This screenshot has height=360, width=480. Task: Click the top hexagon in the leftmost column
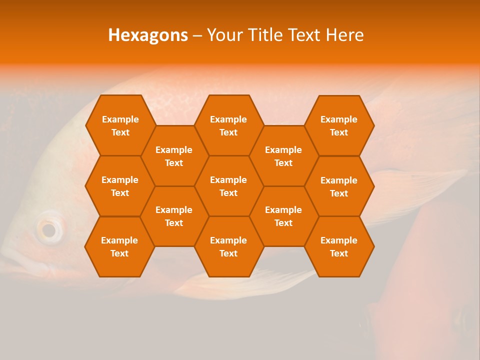coord(120,125)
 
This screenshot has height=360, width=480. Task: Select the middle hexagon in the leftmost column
coord(120,186)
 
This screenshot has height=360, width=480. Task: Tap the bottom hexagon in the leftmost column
coord(119,246)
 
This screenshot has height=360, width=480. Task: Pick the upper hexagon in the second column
coord(174,156)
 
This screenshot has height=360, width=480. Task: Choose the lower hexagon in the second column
coord(174,216)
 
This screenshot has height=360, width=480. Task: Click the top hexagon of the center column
coord(228,125)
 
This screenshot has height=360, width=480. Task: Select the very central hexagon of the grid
coord(228,186)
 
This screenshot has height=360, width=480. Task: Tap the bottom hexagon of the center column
coord(228,246)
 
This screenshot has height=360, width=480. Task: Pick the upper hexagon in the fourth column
coord(283,156)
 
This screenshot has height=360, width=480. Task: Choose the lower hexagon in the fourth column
coord(283,216)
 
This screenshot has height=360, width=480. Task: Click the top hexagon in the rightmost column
coord(339,125)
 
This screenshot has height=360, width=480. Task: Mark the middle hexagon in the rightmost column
coord(339,186)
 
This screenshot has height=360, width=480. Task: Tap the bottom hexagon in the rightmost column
coord(339,246)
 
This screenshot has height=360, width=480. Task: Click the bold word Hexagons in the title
coord(148,35)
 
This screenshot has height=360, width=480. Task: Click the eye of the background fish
coord(48,230)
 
